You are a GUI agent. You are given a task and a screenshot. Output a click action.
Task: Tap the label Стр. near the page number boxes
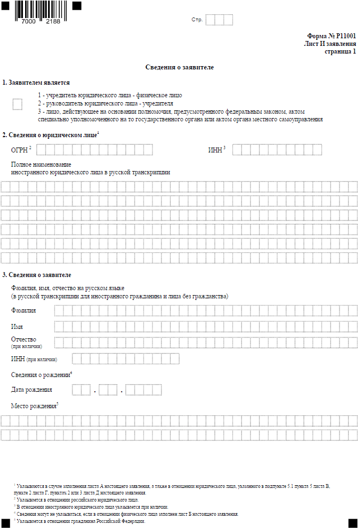[197, 20]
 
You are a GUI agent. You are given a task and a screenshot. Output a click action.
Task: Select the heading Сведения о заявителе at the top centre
[180, 67]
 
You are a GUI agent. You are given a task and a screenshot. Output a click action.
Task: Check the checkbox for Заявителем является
[17, 104]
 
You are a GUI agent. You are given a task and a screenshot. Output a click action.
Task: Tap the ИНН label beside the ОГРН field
[215, 150]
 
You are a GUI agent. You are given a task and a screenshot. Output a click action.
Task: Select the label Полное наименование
[41, 164]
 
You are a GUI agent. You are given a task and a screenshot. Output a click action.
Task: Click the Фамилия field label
[23, 310]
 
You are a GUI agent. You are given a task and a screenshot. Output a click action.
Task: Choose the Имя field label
[17, 326]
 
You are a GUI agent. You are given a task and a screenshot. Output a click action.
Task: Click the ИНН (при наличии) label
[34, 359]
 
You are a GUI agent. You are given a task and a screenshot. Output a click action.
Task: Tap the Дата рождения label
[32, 390]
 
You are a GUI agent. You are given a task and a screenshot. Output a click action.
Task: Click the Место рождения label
[33, 406]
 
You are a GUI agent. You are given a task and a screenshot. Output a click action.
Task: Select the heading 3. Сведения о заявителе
[37, 274]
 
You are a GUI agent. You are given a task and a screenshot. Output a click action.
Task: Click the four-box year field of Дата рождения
[144, 390]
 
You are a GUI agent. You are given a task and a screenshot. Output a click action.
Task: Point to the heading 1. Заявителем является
[36, 83]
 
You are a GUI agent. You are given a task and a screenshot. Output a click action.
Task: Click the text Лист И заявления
[330, 44]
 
